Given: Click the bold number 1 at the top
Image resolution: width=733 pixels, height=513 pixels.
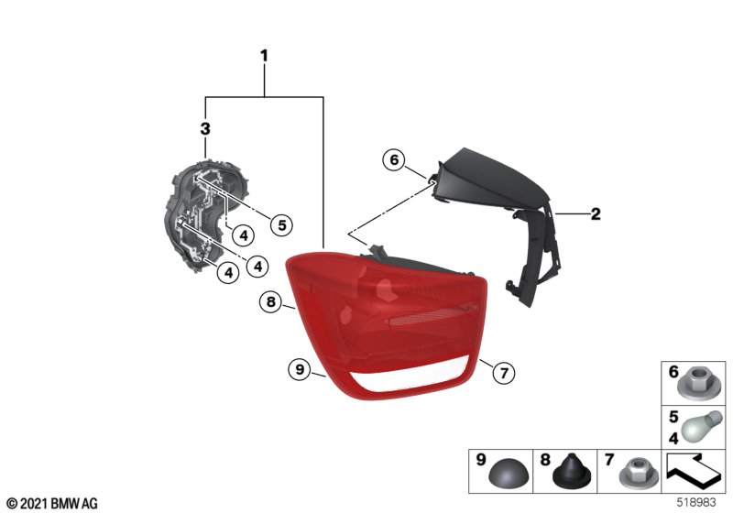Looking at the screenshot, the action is [264, 56].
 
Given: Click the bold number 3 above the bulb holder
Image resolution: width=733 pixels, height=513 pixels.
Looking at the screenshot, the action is [205, 128].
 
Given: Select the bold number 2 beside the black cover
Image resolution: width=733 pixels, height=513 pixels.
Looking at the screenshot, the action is [596, 214].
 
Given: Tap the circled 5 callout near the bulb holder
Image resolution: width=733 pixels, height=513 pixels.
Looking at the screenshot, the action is [281, 225].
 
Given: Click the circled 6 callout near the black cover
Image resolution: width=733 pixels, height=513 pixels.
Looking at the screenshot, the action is [394, 159].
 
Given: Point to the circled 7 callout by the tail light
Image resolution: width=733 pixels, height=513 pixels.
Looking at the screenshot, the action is [503, 373].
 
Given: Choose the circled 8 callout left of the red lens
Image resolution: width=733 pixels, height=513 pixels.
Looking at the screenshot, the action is [271, 301].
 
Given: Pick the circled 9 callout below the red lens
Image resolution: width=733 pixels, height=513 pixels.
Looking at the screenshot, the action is [300, 369].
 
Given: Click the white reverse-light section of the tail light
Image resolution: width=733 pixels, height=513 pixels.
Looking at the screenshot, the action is [411, 377].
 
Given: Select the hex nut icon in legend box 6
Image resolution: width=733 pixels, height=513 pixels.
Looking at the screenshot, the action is [694, 385].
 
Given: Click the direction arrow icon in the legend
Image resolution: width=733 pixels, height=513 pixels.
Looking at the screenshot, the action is [693, 468].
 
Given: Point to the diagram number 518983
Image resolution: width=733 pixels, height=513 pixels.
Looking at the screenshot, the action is [696, 502].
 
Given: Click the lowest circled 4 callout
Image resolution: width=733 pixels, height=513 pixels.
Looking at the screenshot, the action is [228, 272].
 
